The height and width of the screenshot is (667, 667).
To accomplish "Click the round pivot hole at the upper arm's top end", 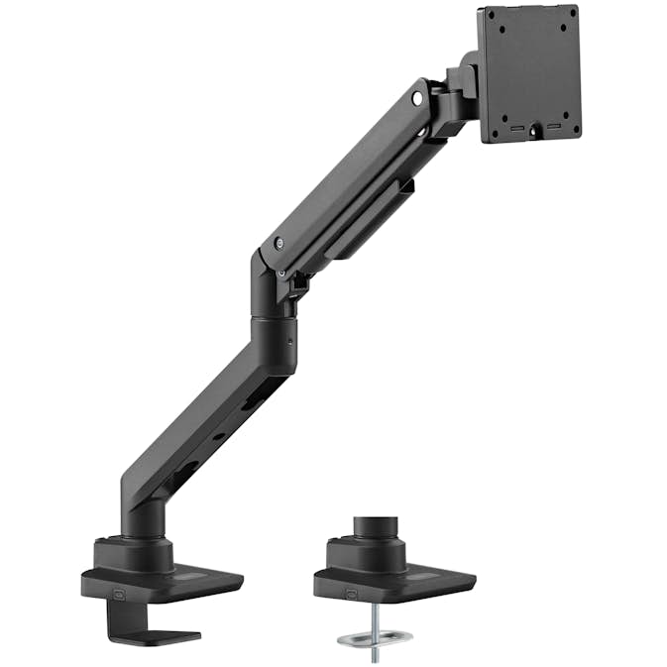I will [x=417, y=99].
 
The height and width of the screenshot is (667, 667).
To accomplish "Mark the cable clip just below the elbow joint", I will [x=296, y=283].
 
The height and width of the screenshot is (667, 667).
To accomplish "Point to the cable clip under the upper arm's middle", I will [x=406, y=185].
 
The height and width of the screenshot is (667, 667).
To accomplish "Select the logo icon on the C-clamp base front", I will [x=121, y=596].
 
